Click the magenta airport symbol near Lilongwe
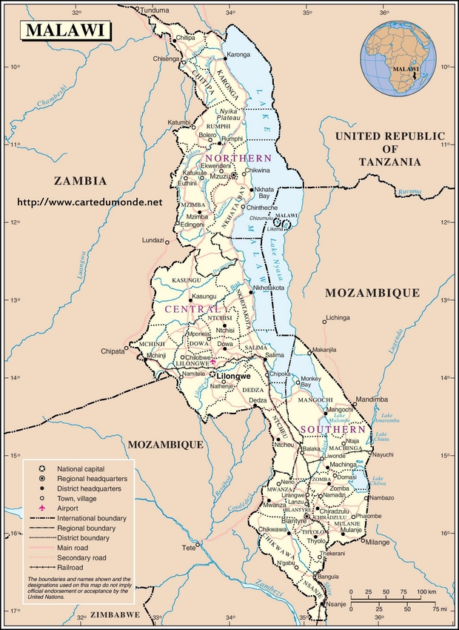click(213, 361)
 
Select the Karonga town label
click(238, 55)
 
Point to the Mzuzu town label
click(218, 176)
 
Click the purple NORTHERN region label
click(238, 159)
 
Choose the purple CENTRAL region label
click(192, 309)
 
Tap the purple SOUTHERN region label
click(332, 429)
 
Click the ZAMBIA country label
click(80, 181)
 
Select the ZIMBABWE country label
click(113, 615)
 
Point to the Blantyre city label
click(293, 521)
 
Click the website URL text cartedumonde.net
click(89, 202)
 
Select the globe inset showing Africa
click(405, 58)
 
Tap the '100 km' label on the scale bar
click(424, 591)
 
